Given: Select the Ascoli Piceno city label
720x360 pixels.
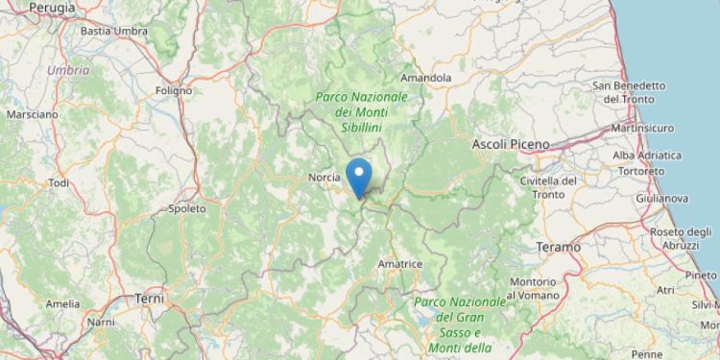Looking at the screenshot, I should (x=512, y=144).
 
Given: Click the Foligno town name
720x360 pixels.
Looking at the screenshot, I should (x=174, y=92).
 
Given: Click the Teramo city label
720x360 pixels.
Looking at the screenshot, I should (x=559, y=247).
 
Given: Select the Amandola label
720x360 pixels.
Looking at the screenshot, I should (x=426, y=77).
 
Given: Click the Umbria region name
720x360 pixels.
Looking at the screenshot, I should (x=68, y=70).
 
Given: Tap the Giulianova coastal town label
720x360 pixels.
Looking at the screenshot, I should (x=661, y=198).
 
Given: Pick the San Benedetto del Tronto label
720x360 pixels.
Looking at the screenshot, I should (x=629, y=92).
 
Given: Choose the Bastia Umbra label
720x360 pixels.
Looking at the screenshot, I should (x=114, y=31).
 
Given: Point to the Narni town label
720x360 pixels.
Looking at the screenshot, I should (x=101, y=323).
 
